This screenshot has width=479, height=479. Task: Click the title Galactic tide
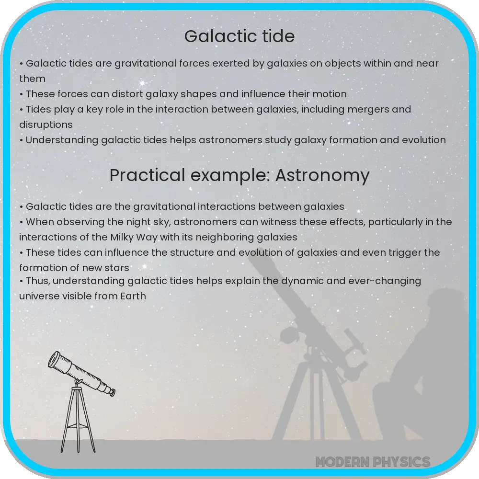coord(239,37)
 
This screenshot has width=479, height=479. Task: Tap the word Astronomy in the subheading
coord(322,175)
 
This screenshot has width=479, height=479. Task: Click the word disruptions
coord(46,125)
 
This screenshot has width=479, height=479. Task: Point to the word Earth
coord(131,297)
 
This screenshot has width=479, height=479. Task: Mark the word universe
coord(40,297)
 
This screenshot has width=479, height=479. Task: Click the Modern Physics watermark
coord(373,462)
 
